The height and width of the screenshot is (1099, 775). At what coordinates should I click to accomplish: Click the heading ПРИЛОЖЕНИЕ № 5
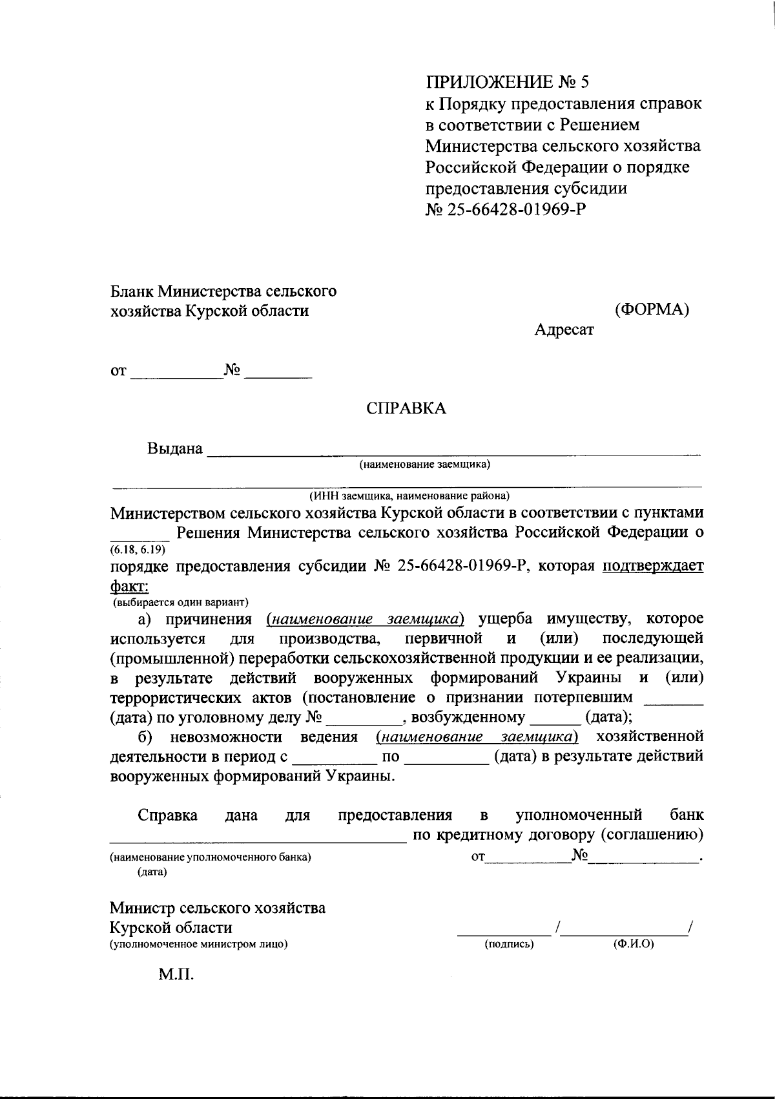pyautogui.click(x=507, y=82)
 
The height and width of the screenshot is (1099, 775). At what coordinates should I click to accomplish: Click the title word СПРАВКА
pyautogui.click(x=406, y=408)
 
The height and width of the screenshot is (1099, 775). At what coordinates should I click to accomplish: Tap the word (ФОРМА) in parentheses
pyautogui.click(x=652, y=309)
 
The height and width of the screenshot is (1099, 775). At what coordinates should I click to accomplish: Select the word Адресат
pyautogui.click(x=564, y=330)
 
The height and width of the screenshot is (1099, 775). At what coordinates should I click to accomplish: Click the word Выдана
pyautogui.click(x=175, y=448)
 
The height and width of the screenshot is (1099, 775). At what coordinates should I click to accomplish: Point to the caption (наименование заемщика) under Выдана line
pyautogui.click(x=425, y=464)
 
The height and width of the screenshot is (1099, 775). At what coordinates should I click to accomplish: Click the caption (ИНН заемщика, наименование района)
pyautogui.click(x=409, y=496)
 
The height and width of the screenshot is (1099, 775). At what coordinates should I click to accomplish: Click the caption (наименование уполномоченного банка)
pyautogui.click(x=210, y=857)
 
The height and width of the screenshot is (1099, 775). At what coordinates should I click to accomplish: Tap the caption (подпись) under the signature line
pyautogui.click(x=509, y=944)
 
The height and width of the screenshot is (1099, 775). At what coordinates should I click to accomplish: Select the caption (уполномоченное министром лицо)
pyautogui.click(x=198, y=944)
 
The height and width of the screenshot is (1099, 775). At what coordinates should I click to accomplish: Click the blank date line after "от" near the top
pyautogui.click(x=175, y=375)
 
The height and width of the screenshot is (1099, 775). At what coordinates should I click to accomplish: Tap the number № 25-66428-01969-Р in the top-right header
pyautogui.click(x=506, y=210)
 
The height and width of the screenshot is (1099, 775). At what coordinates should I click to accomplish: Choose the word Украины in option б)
pyautogui.click(x=358, y=775)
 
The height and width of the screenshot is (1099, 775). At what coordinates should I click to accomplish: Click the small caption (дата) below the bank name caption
pyautogui.click(x=152, y=872)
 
